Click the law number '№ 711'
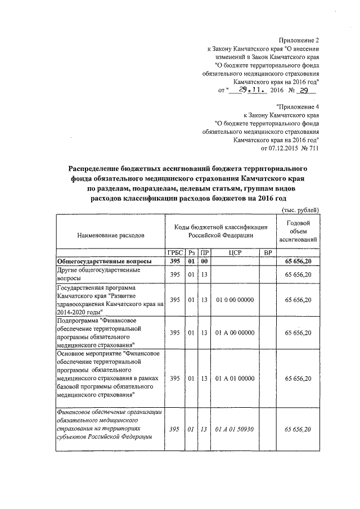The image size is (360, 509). click(x=310, y=148)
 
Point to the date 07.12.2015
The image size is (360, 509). click(x=279, y=148)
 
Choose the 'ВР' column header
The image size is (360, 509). click(x=268, y=253)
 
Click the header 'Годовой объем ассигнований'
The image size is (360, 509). click(x=299, y=231)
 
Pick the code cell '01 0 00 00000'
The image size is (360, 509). click(x=235, y=300)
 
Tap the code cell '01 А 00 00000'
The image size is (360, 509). click(x=235, y=333)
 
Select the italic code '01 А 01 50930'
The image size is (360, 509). click(x=235, y=429)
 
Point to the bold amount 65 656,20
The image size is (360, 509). click(x=298, y=262)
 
